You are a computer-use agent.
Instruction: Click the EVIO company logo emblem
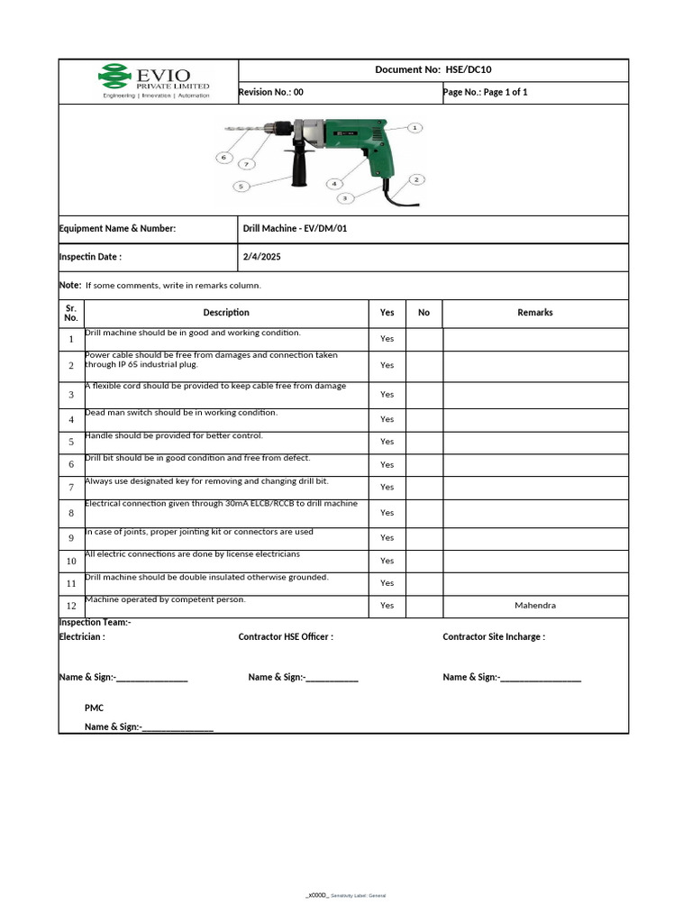(x=114, y=77)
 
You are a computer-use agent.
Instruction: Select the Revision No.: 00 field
(x=271, y=92)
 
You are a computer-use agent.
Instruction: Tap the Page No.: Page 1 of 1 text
(x=485, y=92)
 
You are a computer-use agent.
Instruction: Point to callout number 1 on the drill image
(x=414, y=128)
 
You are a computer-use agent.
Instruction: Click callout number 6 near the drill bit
(x=224, y=158)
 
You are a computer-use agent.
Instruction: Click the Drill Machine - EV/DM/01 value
(x=295, y=229)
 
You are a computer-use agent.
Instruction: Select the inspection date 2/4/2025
(x=262, y=257)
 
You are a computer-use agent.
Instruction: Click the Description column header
(x=226, y=313)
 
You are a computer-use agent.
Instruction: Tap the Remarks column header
(x=535, y=313)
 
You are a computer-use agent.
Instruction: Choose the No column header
(x=423, y=313)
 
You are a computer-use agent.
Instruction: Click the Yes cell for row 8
(x=387, y=513)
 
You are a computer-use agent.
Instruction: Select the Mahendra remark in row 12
(x=535, y=606)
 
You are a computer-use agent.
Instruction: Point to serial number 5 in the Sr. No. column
(x=71, y=443)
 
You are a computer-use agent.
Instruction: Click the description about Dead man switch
(x=181, y=412)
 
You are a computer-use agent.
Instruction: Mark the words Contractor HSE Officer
(x=286, y=637)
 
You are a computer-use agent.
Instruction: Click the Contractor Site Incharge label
(x=494, y=637)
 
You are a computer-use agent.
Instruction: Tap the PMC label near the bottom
(x=94, y=708)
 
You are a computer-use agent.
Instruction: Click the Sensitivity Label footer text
(x=358, y=895)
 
